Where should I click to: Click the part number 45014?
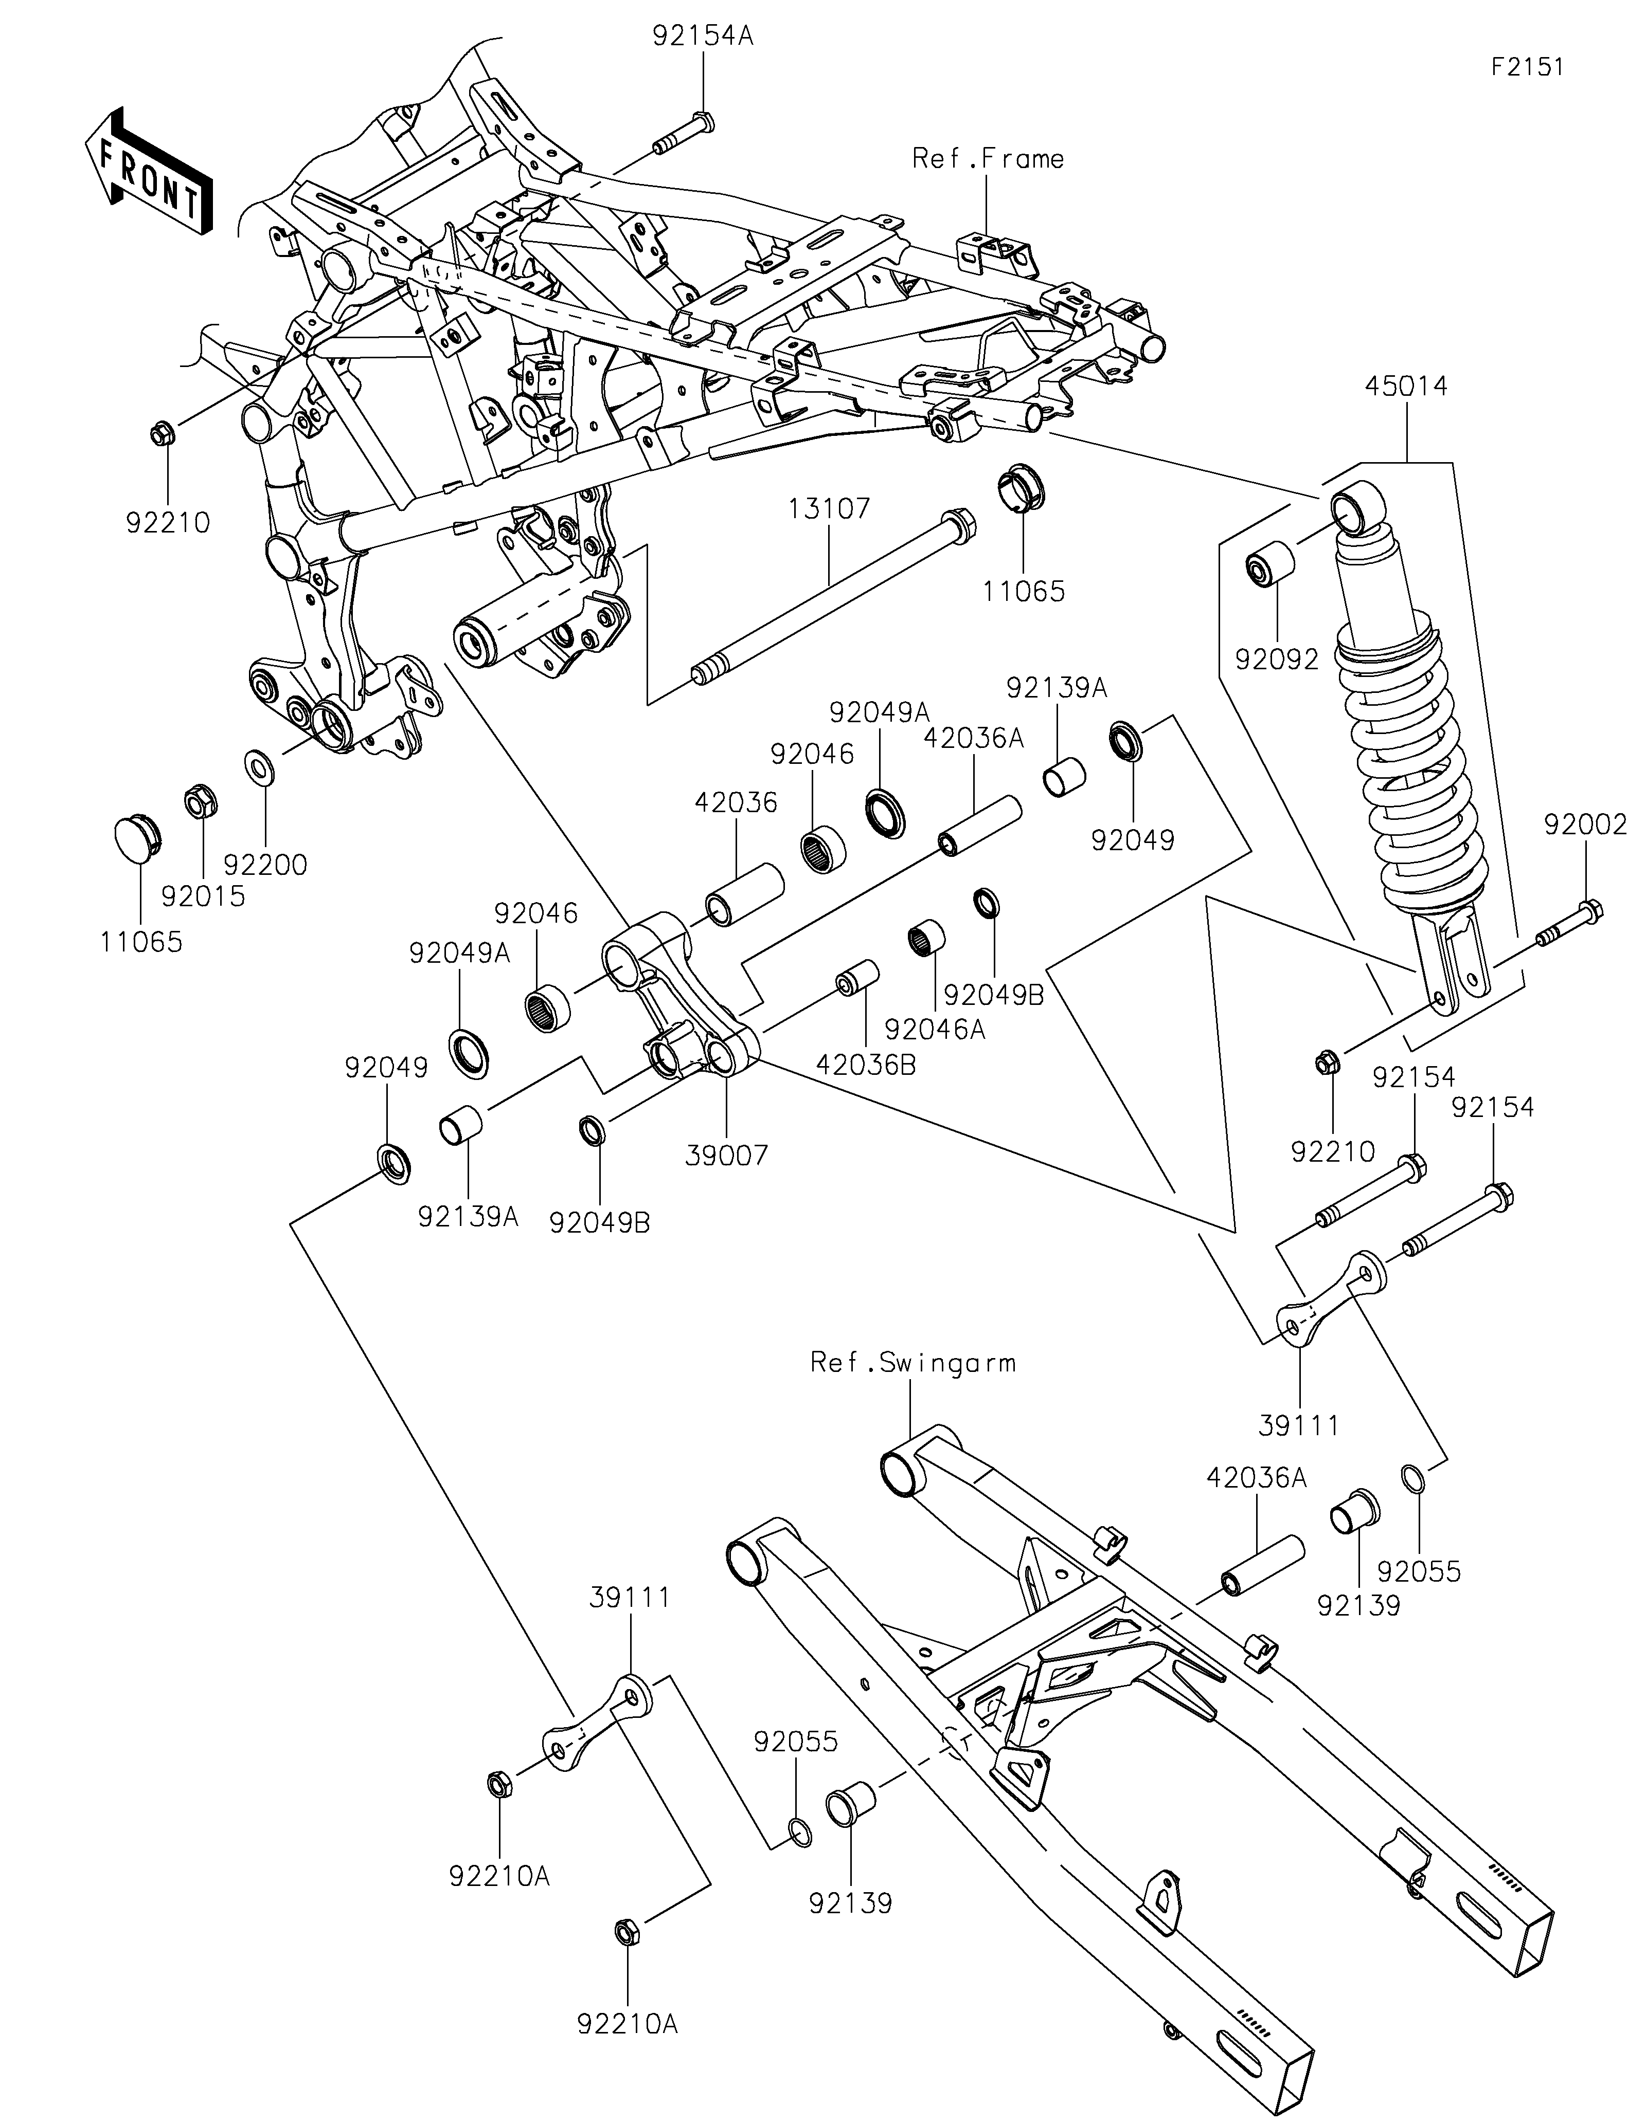tap(1406, 386)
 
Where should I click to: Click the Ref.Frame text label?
tap(987, 159)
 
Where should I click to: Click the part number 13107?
tap(829, 509)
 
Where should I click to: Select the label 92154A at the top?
tap(703, 37)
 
